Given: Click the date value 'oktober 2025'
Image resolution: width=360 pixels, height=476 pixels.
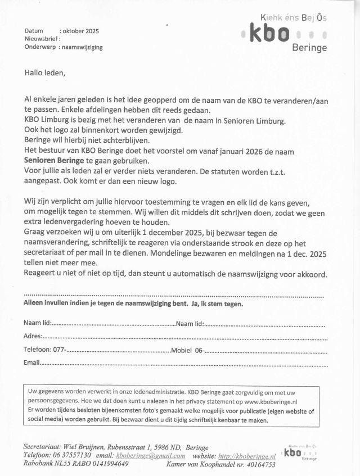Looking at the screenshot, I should click(x=80, y=31).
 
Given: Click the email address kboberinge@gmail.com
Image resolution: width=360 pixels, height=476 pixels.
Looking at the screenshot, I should click(x=150, y=456).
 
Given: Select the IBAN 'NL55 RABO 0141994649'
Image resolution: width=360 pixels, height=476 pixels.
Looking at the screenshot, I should click(x=93, y=464).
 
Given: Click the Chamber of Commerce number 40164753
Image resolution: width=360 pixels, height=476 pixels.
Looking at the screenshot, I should click(x=256, y=465).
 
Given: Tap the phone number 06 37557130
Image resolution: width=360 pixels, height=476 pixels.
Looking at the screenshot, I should click(x=72, y=456).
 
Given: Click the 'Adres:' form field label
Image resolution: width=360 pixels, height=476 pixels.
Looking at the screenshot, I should click(x=33, y=336).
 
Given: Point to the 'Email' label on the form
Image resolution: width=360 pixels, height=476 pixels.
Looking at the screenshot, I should click(x=31, y=363).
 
